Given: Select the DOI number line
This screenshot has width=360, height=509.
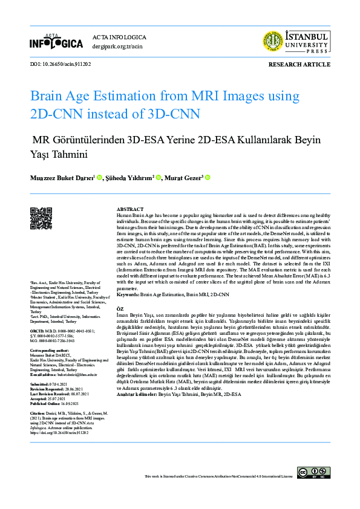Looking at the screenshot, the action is (x=60, y=63).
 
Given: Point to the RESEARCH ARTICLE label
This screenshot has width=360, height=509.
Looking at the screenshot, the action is (x=299, y=63).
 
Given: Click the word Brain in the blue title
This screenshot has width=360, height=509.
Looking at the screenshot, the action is (x=49, y=96).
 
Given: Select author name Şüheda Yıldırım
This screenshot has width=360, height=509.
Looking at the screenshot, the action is (x=128, y=178).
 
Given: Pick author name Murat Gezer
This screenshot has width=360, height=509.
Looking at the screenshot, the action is (x=185, y=178).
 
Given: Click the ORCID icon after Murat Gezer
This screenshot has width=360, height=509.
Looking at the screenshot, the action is (x=207, y=178).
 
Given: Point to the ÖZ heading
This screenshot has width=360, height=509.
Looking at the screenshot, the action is (x=120, y=308).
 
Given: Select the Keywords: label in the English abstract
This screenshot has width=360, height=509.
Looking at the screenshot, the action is (x=128, y=294).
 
